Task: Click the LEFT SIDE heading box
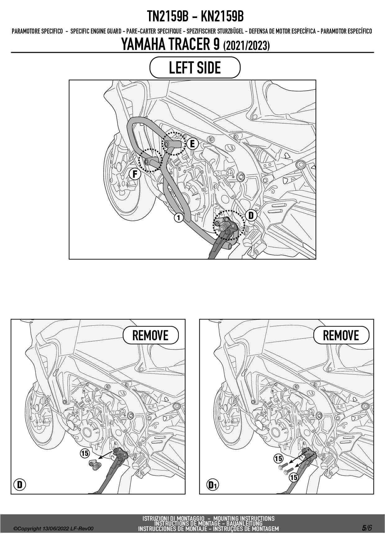point(195,67)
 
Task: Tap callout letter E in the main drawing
point(192,144)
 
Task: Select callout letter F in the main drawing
point(135,174)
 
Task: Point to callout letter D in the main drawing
point(251,215)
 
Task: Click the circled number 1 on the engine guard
point(178,218)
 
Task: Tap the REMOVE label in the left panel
point(151,335)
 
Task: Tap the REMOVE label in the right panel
point(341,335)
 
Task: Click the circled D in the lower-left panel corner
point(20,484)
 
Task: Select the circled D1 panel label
point(213,484)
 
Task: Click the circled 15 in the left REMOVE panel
point(85,453)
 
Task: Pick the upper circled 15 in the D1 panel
point(278,458)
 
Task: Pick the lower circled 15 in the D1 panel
point(293,477)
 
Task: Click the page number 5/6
point(367,528)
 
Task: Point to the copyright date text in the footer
point(53,529)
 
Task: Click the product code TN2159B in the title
point(168,16)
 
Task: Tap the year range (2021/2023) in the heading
point(247,46)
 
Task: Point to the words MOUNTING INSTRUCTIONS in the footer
point(244,518)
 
